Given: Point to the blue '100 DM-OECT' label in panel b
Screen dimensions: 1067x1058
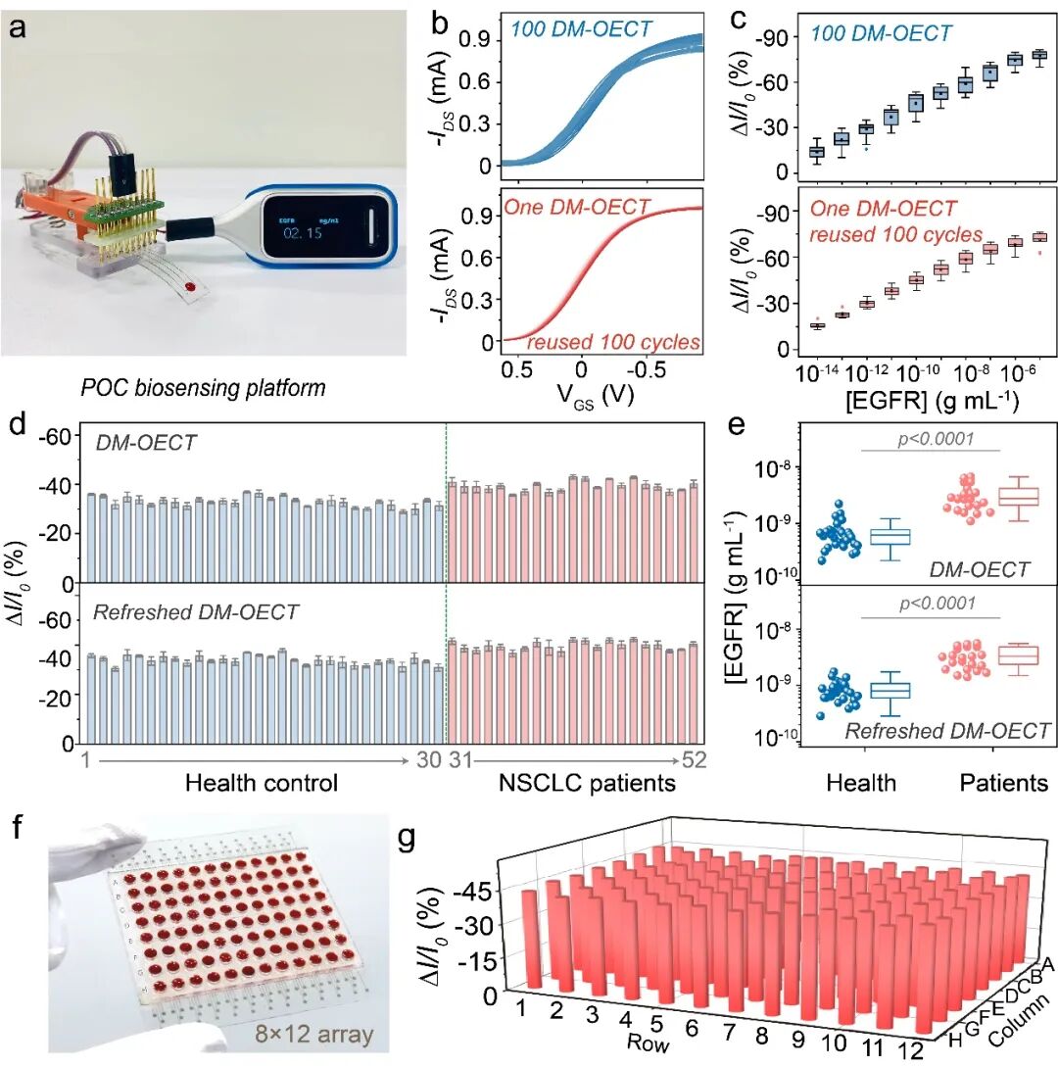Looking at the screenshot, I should point(582,29).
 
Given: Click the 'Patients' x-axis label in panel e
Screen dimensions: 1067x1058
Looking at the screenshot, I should point(1001,783).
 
